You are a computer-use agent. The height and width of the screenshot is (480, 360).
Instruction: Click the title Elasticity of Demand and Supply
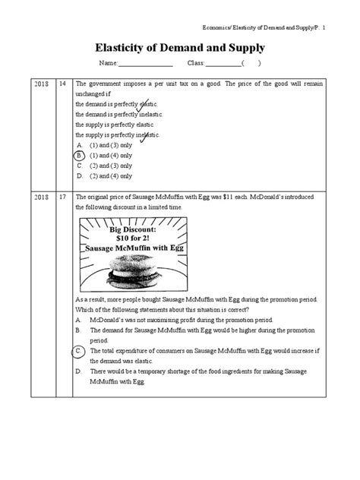(179, 47)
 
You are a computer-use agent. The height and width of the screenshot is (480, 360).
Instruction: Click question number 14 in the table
(62, 84)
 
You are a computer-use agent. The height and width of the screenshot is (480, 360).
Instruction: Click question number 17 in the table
(62, 196)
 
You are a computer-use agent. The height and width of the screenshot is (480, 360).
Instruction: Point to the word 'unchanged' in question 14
(91, 94)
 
